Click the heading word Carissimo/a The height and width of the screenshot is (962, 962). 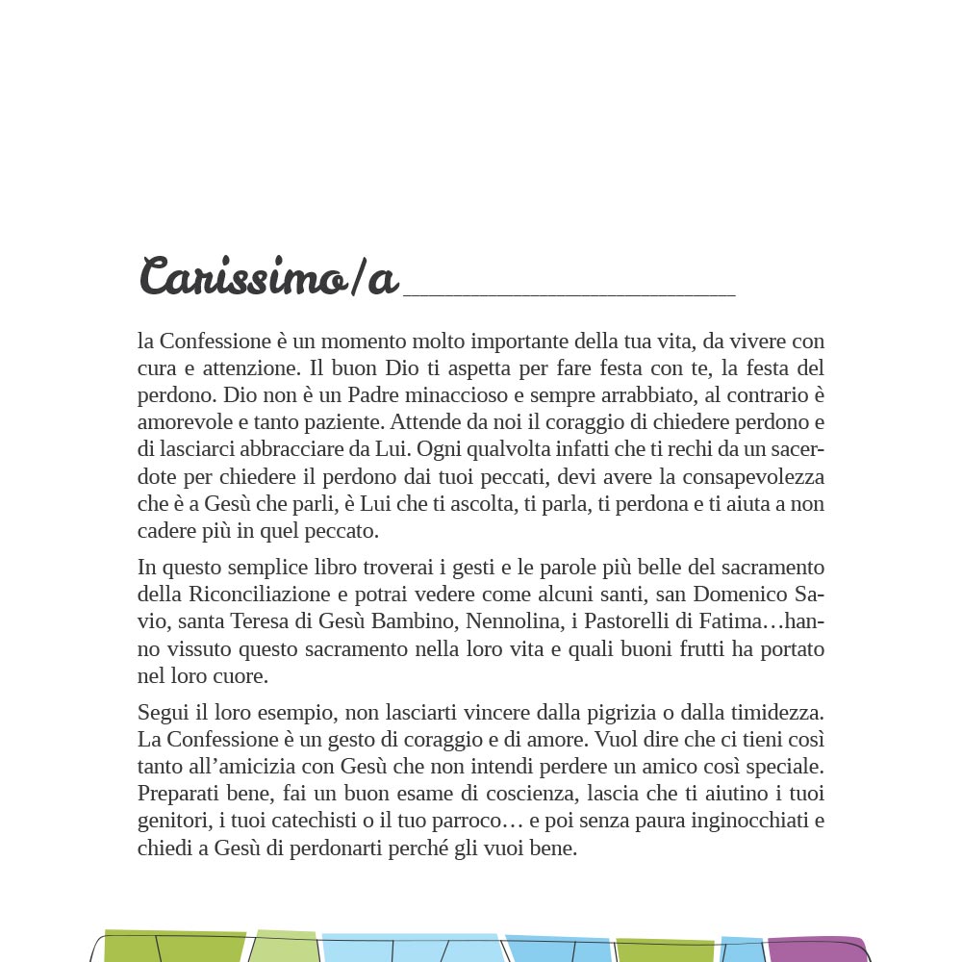coord(268,277)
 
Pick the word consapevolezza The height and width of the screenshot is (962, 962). coord(741,477)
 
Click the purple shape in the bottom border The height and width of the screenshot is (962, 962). coord(818,949)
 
